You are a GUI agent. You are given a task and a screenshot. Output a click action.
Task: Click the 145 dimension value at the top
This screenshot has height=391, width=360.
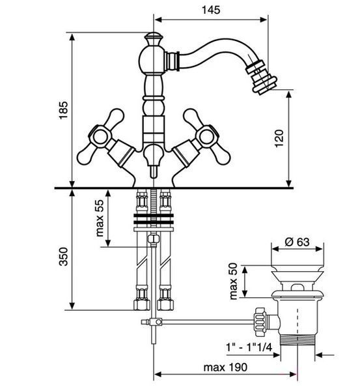(x=211, y=10)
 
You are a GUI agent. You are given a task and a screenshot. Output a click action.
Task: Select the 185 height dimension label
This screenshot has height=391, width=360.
(x=63, y=110)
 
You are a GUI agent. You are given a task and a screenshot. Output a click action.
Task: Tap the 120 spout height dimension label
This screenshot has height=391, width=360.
(x=279, y=139)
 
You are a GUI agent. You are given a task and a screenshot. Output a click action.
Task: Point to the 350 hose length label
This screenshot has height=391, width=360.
(x=63, y=257)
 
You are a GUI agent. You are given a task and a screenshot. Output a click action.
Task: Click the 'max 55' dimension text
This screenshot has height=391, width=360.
(x=100, y=218)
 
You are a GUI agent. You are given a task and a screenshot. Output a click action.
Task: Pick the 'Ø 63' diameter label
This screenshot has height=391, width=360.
(x=298, y=242)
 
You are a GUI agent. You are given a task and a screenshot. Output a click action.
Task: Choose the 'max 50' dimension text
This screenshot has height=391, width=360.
(x=233, y=282)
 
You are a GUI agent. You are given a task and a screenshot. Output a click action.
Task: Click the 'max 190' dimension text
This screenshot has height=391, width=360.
(x=225, y=367)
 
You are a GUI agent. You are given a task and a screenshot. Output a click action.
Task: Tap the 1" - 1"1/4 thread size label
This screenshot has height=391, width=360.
(x=249, y=347)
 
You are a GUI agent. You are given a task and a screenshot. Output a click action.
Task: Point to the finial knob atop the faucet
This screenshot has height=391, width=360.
(x=154, y=38)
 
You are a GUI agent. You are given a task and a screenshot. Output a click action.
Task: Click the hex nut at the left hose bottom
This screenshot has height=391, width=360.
(x=142, y=304)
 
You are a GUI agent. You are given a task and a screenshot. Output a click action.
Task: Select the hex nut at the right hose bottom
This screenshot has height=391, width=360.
(x=165, y=304)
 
